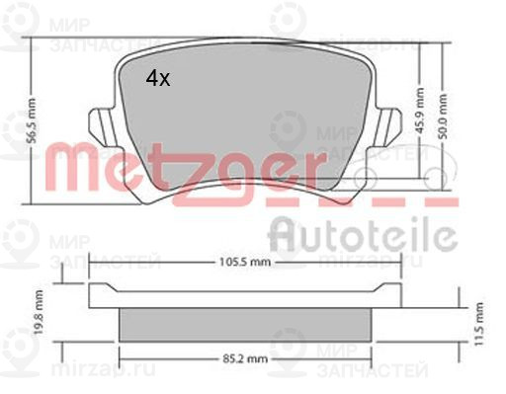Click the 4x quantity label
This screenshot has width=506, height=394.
(158, 79)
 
